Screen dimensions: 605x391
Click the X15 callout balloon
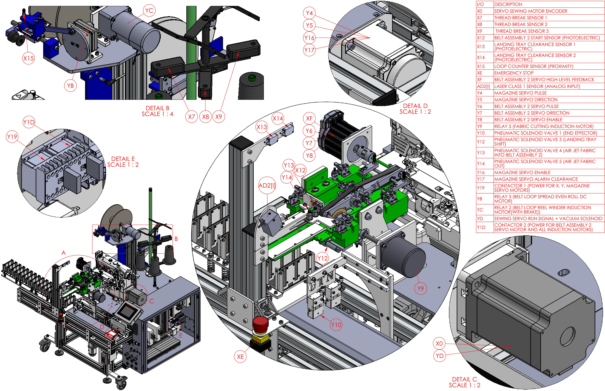[x=28, y=58]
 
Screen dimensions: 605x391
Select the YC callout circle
[x=149, y=10]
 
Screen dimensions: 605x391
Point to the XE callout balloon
[x=240, y=357]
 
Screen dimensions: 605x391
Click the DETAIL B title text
[x=157, y=108]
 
